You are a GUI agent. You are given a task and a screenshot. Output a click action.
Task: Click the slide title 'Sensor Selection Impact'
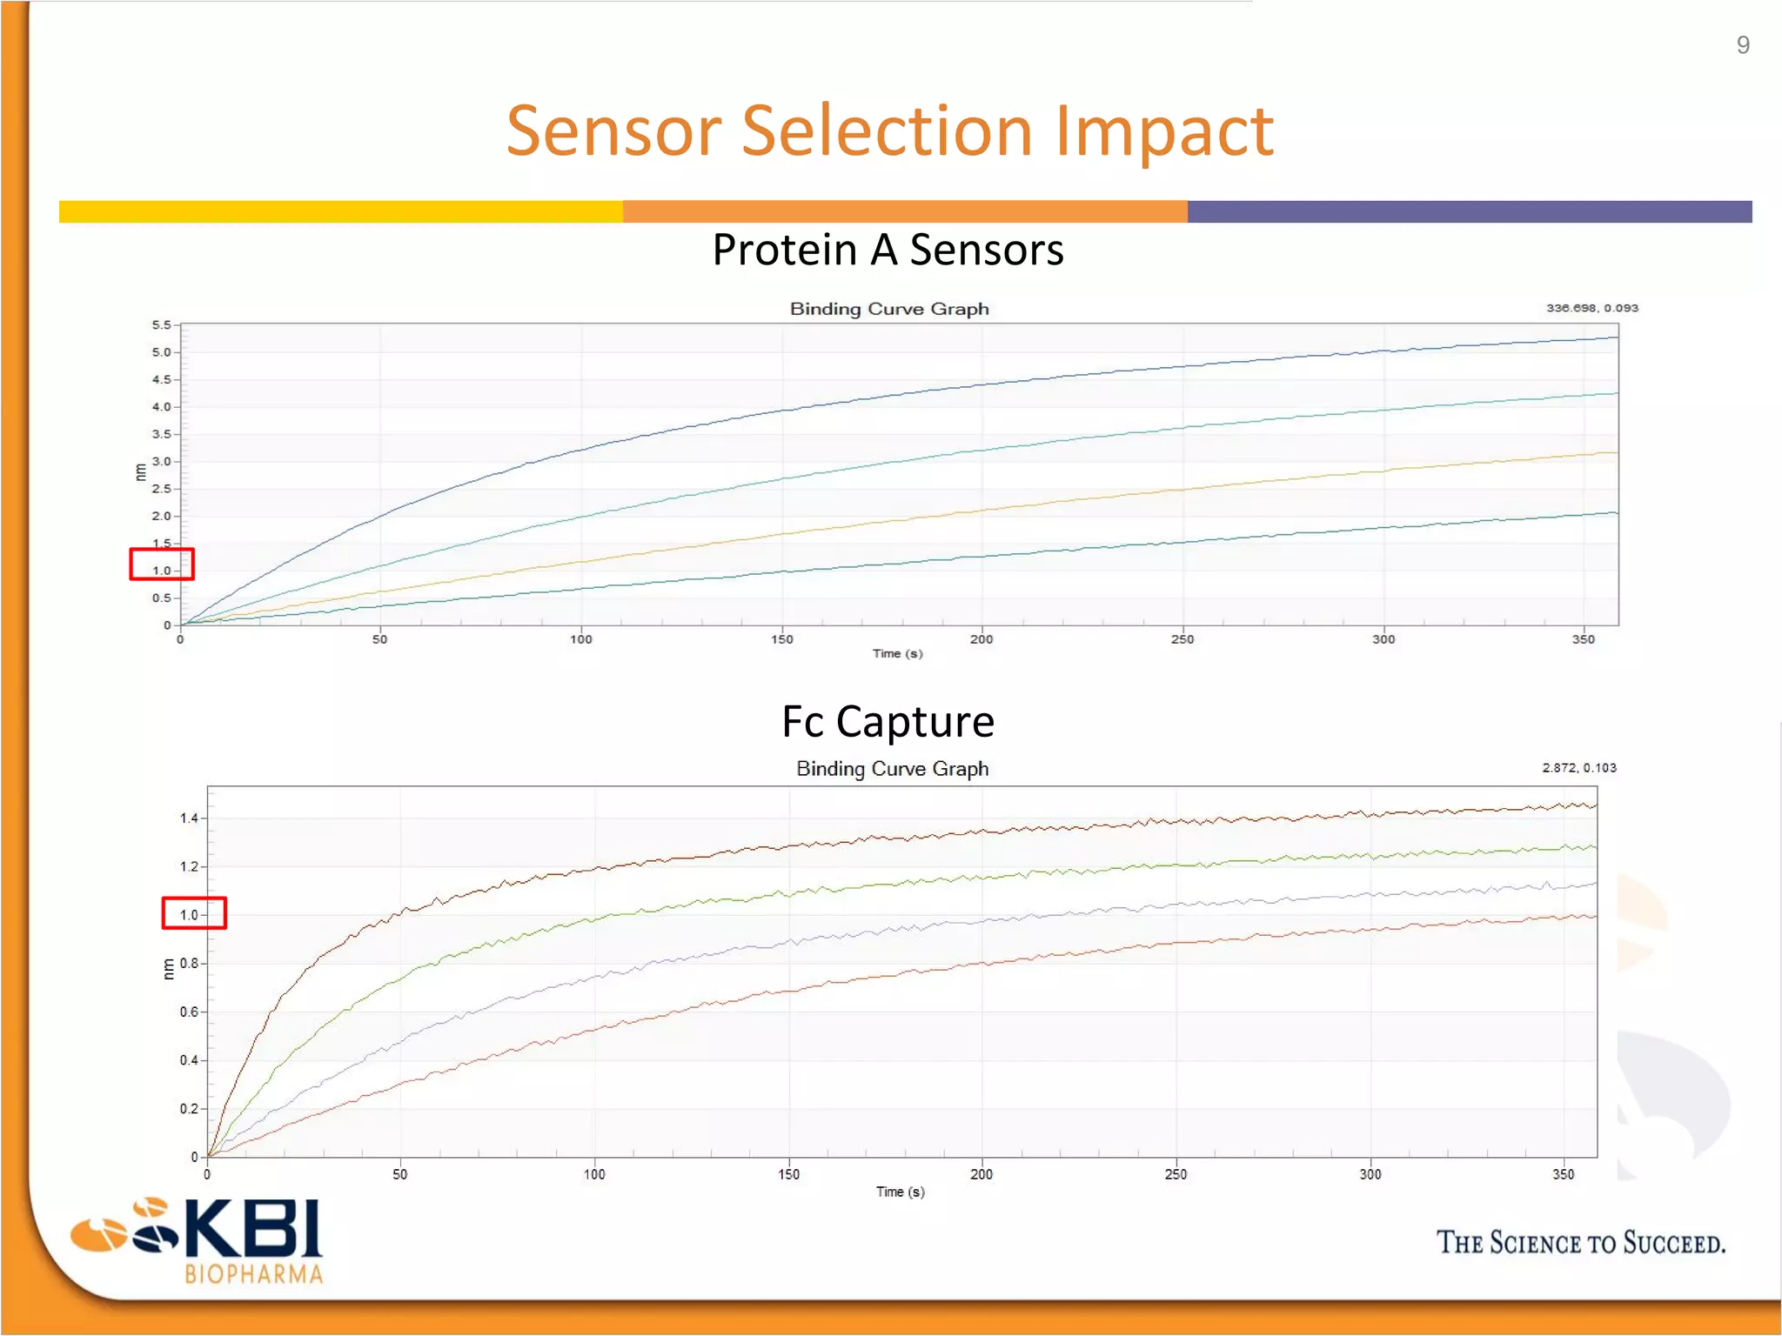pyautogui.click(x=889, y=131)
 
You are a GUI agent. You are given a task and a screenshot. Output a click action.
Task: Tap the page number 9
pyautogui.click(x=1743, y=45)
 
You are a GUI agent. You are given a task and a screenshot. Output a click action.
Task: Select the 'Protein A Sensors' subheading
pyautogui.click(x=888, y=250)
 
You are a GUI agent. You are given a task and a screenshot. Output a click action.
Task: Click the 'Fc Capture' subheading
pyautogui.click(x=888, y=722)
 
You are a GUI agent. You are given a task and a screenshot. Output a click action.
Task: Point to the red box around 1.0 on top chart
pyautogui.click(x=162, y=564)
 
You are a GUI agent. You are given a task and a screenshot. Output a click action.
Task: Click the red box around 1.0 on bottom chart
pyautogui.click(x=194, y=913)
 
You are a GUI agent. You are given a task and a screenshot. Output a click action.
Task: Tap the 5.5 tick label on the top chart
pyautogui.click(x=162, y=325)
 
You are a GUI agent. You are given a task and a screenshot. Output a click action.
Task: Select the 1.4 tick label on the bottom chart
pyautogui.click(x=189, y=818)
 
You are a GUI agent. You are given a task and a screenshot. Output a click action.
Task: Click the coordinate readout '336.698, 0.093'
pyautogui.click(x=1591, y=308)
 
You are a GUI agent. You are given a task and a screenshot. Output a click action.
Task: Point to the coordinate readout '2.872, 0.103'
pyautogui.click(x=1579, y=768)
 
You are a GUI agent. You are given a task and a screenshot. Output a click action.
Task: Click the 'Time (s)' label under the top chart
pyautogui.click(x=897, y=653)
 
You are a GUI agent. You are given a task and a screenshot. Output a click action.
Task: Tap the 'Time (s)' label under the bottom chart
pyautogui.click(x=900, y=1192)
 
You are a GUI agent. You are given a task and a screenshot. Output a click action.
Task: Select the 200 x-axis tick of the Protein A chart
pyautogui.click(x=981, y=639)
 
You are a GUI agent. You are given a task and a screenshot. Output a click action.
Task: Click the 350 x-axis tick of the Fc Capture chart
pyautogui.click(x=1563, y=1174)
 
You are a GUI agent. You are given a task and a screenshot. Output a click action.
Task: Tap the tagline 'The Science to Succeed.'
pyautogui.click(x=1580, y=1243)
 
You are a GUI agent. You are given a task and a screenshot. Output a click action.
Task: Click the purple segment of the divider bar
pyautogui.click(x=1469, y=211)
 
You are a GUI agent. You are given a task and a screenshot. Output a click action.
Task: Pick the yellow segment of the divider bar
pyautogui.click(x=339, y=211)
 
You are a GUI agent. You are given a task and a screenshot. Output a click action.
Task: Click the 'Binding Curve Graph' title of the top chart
pyautogui.click(x=889, y=309)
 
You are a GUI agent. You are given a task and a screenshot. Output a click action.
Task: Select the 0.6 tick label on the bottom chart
pyautogui.click(x=189, y=1012)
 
